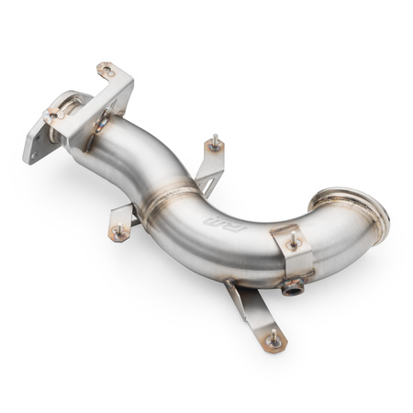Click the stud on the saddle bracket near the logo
tap(293, 243)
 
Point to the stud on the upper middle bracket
tap(215, 141)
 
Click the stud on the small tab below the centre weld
tap(117, 233)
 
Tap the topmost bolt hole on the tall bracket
tap(106, 70)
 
